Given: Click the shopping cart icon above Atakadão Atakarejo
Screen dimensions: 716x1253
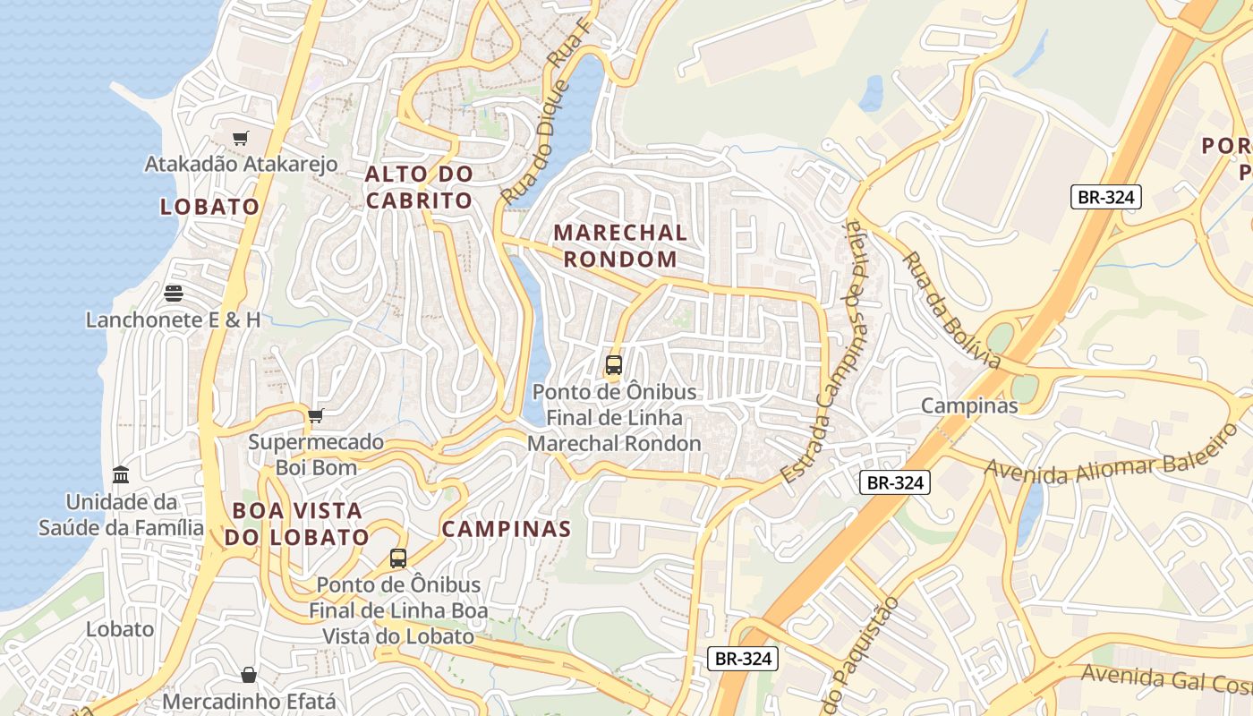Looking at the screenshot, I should click(x=240, y=138).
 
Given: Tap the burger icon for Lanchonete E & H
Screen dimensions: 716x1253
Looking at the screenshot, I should click(x=174, y=293).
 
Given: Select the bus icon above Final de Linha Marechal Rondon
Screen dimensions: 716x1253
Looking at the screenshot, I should click(x=613, y=365).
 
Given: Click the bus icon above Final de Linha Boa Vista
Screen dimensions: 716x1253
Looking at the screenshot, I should click(x=398, y=558).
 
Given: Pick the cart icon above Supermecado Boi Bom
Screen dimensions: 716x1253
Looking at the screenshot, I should click(x=315, y=415).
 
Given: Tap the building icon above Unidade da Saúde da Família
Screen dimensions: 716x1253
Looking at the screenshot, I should click(x=121, y=474).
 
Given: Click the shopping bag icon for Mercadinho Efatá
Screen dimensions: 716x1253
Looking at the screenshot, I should click(x=249, y=674).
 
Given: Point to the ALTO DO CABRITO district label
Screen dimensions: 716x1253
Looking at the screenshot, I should click(x=419, y=187).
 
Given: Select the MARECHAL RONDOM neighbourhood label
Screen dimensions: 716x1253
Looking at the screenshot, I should click(x=620, y=246).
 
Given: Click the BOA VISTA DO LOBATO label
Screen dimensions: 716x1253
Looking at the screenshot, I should click(x=296, y=524).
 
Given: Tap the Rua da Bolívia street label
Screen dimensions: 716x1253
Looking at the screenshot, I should click(x=950, y=310).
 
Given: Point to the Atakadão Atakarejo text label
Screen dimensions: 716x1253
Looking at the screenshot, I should click(x=242, y=164).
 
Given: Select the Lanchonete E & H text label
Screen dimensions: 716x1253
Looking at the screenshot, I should click(x=174, y=320).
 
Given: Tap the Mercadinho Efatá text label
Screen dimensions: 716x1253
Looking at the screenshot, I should click(x=249, y=701).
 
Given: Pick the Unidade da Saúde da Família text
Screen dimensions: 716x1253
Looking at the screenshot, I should click(x=121, y=515).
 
